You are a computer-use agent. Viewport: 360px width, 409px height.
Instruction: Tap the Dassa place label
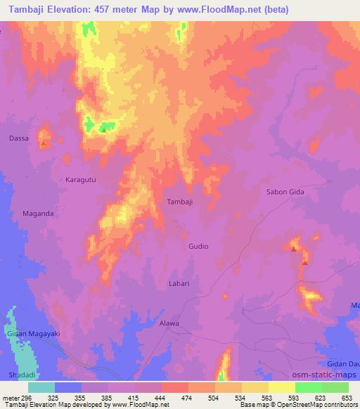pos(19,138)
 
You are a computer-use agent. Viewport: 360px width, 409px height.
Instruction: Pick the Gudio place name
pos(198,247)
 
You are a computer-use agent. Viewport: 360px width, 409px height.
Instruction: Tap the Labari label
pos(179,283)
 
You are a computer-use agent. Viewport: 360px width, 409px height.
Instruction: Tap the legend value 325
pos(52,398)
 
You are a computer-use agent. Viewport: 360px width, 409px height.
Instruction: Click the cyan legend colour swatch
pos(41,387)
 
